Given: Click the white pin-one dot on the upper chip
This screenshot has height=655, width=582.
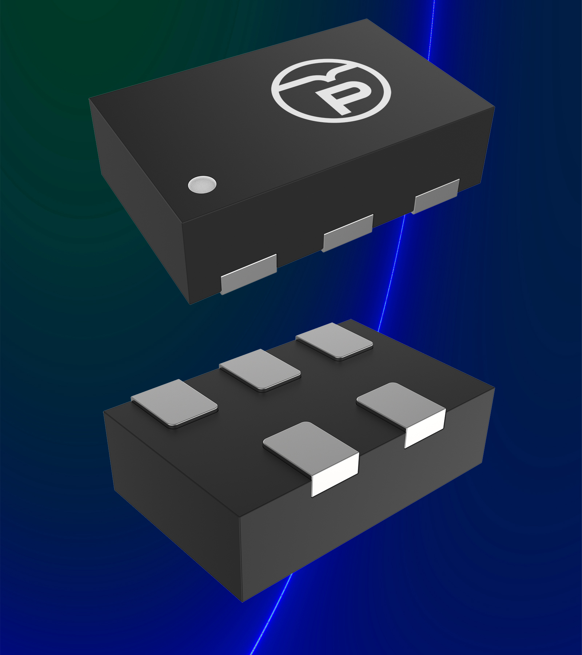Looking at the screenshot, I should pyautogui.click(x=202, y=184).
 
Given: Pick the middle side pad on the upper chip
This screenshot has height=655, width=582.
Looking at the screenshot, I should pyautogui.click(x=348, y=233).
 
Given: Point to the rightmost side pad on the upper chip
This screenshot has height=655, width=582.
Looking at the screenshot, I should pyautogui.click(x=436, y=196).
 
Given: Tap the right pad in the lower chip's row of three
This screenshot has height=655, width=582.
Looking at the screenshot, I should pyautogui.click(x=335, y=341).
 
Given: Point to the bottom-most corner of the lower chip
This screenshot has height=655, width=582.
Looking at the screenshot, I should pyautogui.click(x=243, y=601).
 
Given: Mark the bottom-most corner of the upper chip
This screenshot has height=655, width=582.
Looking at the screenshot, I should pyautogui.click(x=191, y=303).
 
